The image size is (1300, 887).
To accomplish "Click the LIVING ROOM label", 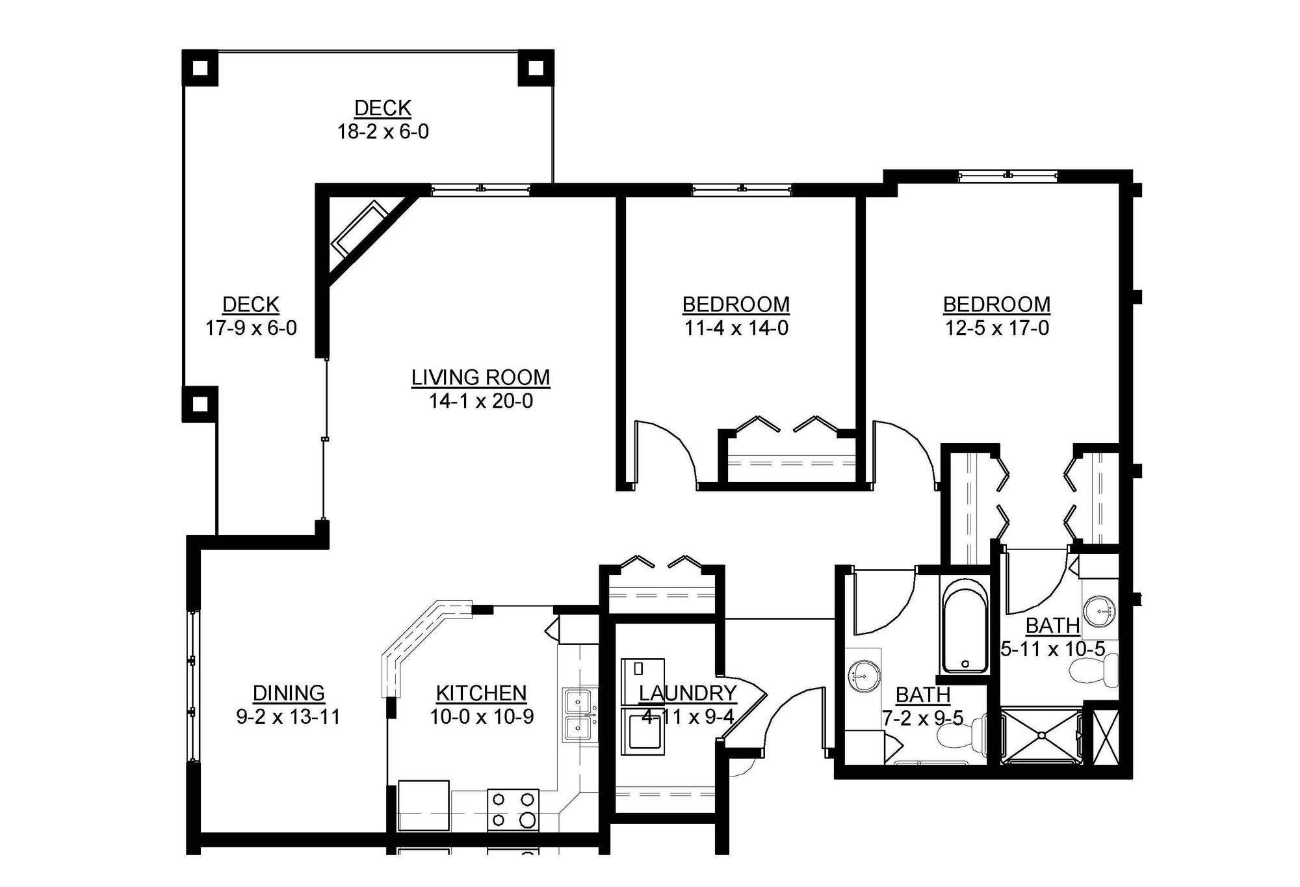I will pos(480,378).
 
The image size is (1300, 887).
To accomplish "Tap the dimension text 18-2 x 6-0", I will pos(382,132).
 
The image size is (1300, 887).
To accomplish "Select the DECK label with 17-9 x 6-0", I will pos(251,304).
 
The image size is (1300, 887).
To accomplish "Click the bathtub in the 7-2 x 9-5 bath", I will pos(965,628).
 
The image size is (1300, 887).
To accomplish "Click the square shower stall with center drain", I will pos(1041,735).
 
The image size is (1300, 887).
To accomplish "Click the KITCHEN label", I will pos(481,693).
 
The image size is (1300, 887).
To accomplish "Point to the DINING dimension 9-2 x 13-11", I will pos(289,717).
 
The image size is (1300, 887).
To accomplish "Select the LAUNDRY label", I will pos(688,693).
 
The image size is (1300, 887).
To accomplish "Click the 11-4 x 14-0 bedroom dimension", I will pos(736,328).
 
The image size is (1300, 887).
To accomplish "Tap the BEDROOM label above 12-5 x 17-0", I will pos(996,304).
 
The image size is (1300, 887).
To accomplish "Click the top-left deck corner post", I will pos(200,67).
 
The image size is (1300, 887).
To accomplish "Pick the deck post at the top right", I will pos(536,67).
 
